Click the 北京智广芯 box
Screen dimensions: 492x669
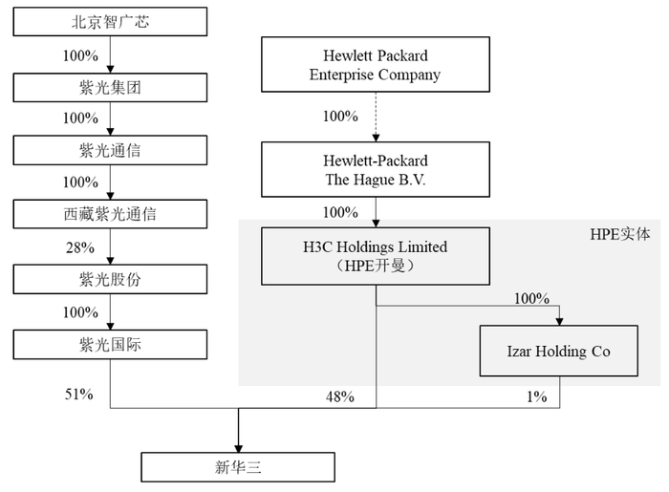click(x=111, y=22)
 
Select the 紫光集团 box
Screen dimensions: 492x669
click(x=111, y=87)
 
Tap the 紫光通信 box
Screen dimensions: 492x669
click(x=111, y=151)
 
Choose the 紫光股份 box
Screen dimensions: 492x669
click(x=111, y=280)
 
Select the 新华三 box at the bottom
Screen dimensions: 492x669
click(x=238, y=467)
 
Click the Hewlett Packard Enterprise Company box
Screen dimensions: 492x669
click(x=375, y=66)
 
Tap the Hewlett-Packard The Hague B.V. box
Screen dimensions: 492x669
click(x=375, y=170)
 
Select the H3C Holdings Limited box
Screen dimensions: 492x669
click(x=375, y=256)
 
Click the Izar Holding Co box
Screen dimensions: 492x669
click(x=559, y=352)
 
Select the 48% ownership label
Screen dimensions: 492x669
click(x=339, y=396)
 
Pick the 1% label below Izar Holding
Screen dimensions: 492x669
click(x=536, y=396)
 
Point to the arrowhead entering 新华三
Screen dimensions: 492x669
click(x=238, y=445)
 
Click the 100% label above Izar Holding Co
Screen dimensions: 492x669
click(x=531, y=299)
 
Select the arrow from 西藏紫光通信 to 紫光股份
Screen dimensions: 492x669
click(x=111, y=247)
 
